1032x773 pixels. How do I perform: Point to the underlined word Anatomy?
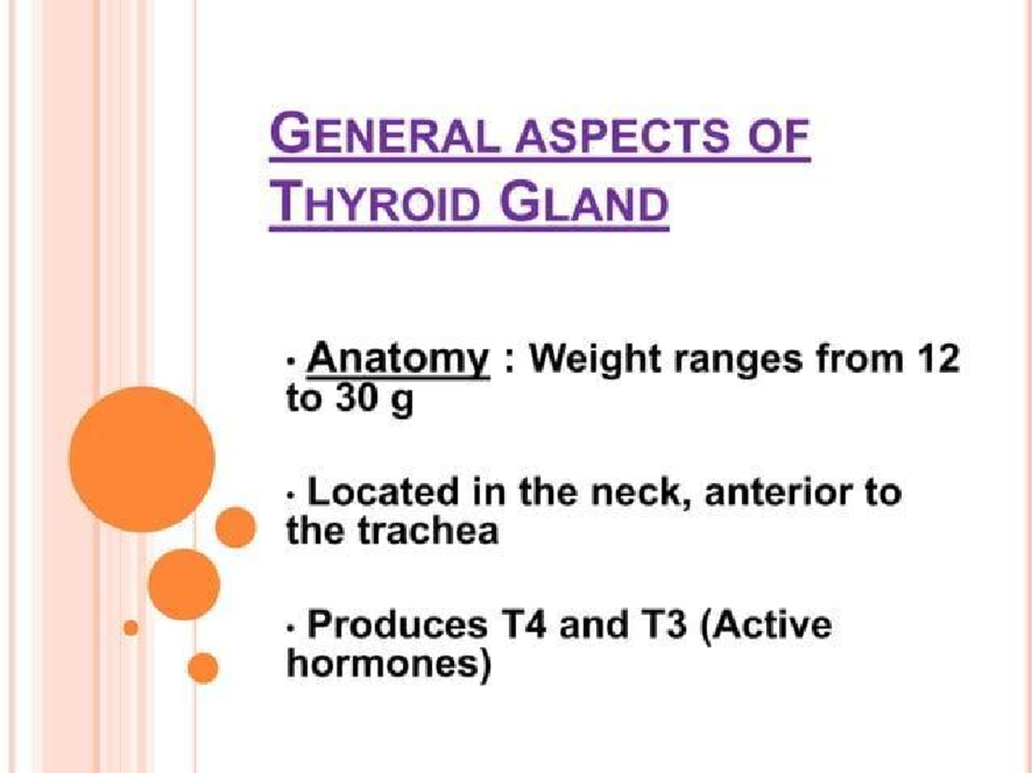pyautogui.click(x=398, y=359)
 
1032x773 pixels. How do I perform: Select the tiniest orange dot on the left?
pyautogui.click(x=131, y=628)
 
